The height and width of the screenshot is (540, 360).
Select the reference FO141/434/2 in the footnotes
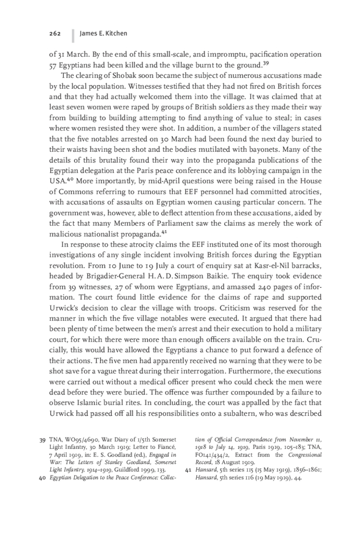[x=216, y=455]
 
